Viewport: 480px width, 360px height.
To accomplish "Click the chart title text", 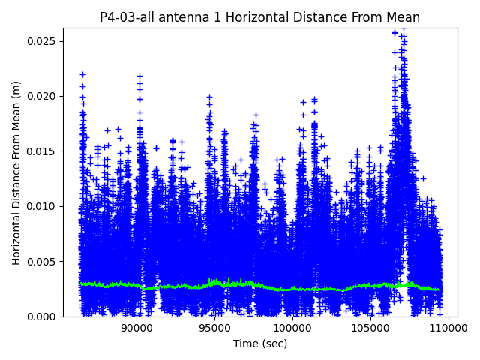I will (x=259, y=17).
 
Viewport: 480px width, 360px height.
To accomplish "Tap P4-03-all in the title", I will (x=125, y=17).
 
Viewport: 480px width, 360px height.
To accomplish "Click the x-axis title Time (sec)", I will (x=259, y=343).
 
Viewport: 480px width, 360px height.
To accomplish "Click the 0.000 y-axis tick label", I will (x=43, y=316).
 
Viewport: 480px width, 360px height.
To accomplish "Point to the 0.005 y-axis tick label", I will (x=43, y=262).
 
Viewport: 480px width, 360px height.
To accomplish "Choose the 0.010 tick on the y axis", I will (x=43, y=206).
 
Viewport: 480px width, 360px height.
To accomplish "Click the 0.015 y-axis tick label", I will (x=43, y=151).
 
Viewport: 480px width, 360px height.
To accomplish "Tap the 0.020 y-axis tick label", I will (x=43, y=96).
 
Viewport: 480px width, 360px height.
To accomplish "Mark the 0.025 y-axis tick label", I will (x=43, y=41).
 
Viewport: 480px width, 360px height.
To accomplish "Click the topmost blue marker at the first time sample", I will (x=82, y=74).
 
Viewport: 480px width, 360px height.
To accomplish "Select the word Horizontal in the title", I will (x=241, y=17).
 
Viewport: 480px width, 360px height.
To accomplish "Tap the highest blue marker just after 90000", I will (x=139, y=76).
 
